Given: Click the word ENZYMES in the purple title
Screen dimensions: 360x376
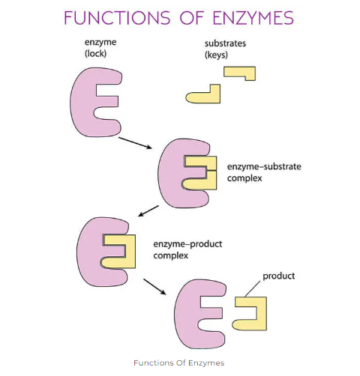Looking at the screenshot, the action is [x=253, y=18].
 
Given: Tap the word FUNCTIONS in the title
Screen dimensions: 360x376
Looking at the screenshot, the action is [x=117, y=18].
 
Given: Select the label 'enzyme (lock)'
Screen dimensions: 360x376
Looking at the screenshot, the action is [x=100, y=48].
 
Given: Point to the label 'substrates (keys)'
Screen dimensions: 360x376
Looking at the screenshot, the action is [x=225, y=49].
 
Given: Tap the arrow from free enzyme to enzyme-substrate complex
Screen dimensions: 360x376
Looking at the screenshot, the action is [x=135, y=143].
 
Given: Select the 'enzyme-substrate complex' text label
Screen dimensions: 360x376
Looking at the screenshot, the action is [x=264, y=172].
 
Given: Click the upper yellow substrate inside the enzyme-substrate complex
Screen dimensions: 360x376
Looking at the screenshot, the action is [x=201, y=162].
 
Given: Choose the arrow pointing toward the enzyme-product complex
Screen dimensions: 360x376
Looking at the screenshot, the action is [x=148, y=211].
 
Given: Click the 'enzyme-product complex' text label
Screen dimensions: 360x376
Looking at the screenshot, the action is [x=187, y=249].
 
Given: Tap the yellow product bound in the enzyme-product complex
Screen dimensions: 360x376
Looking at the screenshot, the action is [x=130, y=252].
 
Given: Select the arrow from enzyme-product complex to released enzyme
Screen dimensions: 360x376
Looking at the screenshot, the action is [x=154, y=287].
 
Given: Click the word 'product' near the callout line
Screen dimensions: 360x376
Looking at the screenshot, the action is [x=279, y=276].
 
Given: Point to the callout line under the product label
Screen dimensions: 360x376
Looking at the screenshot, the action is [x=253, y=288].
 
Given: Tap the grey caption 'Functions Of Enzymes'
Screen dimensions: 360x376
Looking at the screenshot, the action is [x=179, y=363].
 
